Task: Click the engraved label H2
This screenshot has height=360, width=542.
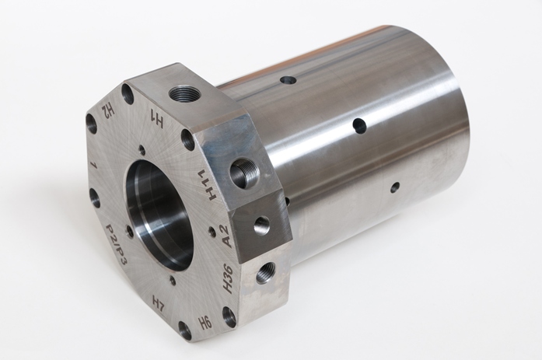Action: pyautogui.click(x=107, y=110)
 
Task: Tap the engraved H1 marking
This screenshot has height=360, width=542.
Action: pyautogui.click(x=156, y=119)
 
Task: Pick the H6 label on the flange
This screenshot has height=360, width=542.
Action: pyautogui.click(x=205, y=323)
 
